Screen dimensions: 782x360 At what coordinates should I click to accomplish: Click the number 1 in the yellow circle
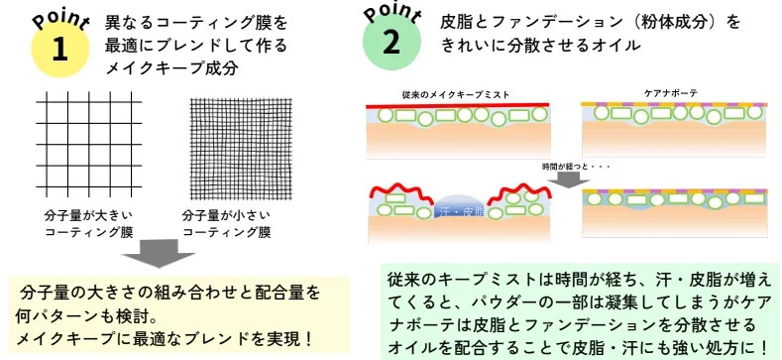click(59, 50)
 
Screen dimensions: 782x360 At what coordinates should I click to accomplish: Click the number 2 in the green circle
click(391, 43)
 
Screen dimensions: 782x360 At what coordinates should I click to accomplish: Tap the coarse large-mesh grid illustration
click(89, 145)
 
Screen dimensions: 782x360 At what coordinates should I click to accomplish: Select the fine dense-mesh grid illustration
click(242, 149)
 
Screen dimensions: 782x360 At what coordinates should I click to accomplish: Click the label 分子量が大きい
click(89, 216)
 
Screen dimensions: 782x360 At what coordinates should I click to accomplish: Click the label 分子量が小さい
click(226, 216)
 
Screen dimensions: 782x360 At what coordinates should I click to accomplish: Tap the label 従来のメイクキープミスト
click(456, 95)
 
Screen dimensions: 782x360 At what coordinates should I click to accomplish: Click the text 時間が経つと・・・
click(576, 167)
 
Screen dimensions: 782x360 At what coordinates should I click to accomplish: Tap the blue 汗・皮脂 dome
click(459, 205)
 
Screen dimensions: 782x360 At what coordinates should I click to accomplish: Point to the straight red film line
click(457, 105)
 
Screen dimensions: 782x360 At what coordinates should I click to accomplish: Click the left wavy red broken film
click(400, 193)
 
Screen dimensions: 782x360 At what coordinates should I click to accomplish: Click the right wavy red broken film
click(519, 193)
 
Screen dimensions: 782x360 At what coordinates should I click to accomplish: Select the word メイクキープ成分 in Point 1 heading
click(171, 67)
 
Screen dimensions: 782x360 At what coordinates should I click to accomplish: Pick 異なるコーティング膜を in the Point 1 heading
click(196, 23)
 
